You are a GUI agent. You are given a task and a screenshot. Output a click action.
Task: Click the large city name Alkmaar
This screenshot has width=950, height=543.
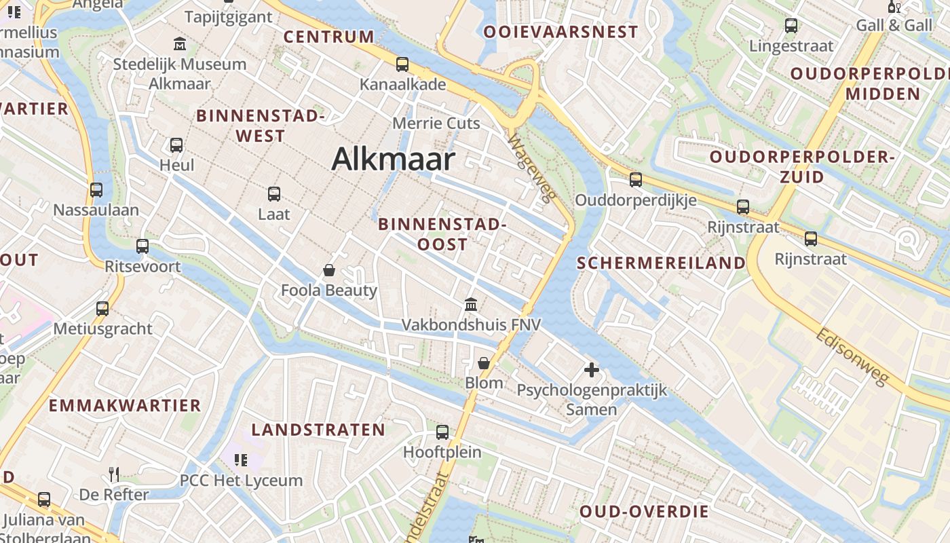(393, 160)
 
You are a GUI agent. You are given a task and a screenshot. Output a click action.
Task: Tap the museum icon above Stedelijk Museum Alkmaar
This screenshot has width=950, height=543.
(180, 44)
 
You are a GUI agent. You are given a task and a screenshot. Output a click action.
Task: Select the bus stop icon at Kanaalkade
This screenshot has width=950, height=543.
(402, 64)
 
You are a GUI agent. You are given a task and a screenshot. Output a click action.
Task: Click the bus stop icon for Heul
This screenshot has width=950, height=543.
(176, 145)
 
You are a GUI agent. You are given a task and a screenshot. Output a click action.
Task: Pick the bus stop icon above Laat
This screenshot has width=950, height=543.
(274, 194)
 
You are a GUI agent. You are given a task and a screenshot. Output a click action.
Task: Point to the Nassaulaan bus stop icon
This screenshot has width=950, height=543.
(96, 190)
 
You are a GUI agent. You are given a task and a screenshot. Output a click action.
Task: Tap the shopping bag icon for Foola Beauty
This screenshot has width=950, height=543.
(329, 270)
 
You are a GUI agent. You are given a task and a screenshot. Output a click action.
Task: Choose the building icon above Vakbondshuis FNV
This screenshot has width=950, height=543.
(471, 304)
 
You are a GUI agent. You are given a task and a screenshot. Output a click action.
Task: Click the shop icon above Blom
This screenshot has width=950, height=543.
(484, 363)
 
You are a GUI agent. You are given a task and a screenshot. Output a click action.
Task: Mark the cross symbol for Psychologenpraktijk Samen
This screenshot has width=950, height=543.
(592, 370)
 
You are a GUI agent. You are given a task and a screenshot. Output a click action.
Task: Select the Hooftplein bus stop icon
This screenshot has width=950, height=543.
(442, 432)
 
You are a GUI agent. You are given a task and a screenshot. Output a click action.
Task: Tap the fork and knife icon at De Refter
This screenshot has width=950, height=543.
(114, 474)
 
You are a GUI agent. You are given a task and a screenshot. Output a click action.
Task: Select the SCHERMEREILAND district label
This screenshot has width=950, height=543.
(661, 263)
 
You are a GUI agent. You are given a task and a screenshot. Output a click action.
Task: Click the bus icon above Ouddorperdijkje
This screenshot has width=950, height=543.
(636, 180)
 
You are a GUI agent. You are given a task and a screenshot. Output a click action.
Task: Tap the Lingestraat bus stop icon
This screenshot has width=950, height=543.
(791, 26)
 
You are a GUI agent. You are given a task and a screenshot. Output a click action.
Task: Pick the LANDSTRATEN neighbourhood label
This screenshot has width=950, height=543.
(318, 430)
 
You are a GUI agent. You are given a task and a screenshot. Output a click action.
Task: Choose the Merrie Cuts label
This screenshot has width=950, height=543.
(436, 124)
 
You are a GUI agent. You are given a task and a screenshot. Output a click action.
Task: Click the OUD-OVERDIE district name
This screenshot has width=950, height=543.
(644, 512)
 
